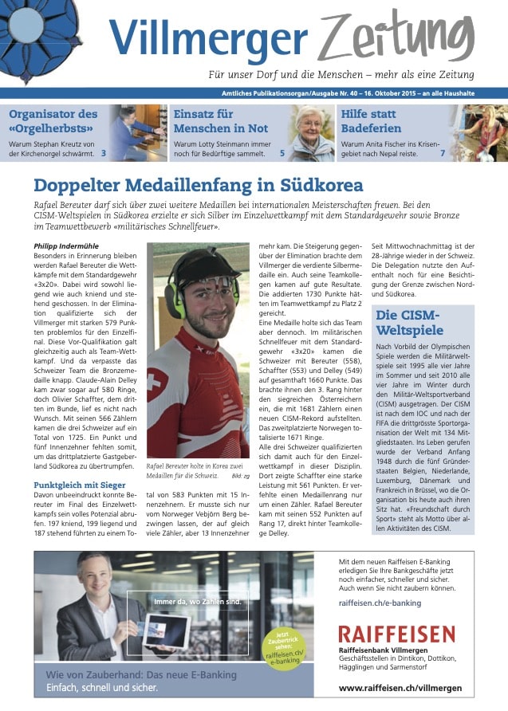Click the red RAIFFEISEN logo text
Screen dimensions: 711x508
396,634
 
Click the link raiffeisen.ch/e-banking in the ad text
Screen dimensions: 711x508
379,603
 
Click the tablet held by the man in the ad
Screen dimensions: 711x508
164,628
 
